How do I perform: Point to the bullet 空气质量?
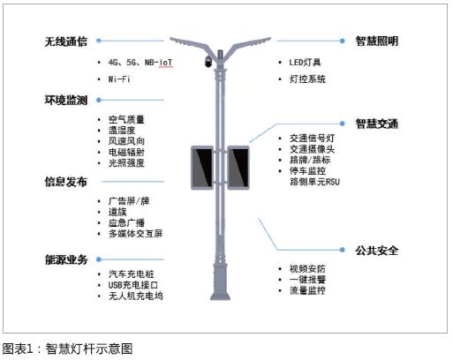coord(126,119)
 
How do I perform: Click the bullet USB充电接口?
coord(135,286)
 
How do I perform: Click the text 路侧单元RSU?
coord(314,181)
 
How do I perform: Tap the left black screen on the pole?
coord(203,169)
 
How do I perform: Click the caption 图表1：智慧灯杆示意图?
coord(67,349)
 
